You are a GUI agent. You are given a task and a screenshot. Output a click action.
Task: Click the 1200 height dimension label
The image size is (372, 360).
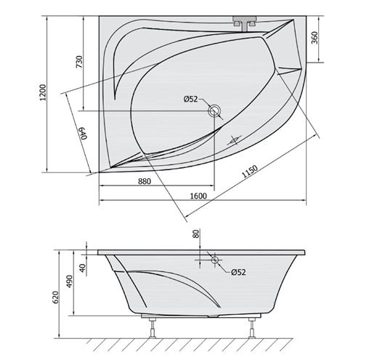click(43, 92)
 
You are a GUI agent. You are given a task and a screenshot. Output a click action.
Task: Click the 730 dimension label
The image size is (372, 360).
click(79, 62)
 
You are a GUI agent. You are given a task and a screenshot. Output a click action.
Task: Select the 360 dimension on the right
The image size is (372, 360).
click(315, 38)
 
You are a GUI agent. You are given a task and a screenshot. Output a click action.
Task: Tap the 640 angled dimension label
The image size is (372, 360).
click(82, 133)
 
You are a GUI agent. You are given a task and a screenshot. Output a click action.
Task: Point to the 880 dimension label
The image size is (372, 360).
click(145, 181)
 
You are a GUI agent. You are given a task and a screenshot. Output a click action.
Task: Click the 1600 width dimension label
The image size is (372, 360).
click(198, 196)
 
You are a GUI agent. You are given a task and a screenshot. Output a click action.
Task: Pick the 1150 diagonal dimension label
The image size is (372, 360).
click(250, 172)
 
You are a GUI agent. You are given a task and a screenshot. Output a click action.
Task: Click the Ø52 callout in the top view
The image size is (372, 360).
click(190, 99)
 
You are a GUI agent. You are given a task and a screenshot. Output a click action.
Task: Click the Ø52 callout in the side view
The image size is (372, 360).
click(238, 272)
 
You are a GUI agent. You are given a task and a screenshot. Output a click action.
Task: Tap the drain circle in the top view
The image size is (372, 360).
click(214, 111)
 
